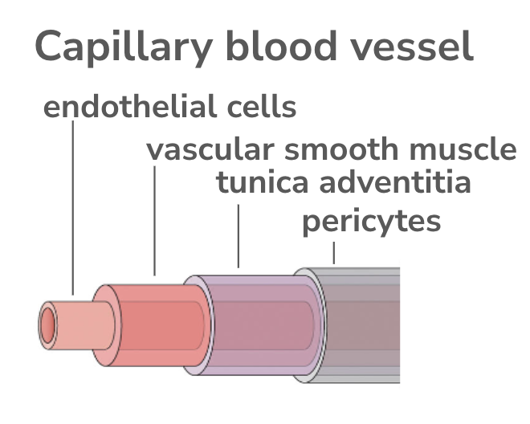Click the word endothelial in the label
tap(128, 107)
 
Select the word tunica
tap(263, 183)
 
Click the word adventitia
tap(396, 183)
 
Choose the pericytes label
tap(371, 221)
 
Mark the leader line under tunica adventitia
tap(238, 236)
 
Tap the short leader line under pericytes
tap(334, 253)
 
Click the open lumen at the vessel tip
tap(49, 326)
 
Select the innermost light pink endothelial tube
tap(76, 325)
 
